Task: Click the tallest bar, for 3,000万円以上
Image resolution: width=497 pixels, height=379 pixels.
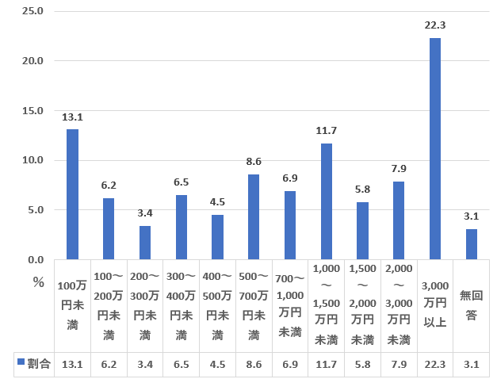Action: pyautogui.click(x=434, y=149)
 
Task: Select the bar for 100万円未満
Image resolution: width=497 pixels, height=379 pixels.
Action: pyautogui.click(x=72, y=194)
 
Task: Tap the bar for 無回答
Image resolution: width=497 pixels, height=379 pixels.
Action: pyautogui.click(x=471, y=244)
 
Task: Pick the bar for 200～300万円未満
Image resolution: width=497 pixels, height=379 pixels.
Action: pyautogui.click(x=145, y=243)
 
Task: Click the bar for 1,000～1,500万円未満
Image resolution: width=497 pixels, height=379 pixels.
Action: pyautogui.click(x=326, y=201)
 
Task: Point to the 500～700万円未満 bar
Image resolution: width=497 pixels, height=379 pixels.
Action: pyautogui.click(x=254, y=217)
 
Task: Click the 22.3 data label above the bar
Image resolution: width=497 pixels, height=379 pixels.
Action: pyautogui.click(x=435, y=25)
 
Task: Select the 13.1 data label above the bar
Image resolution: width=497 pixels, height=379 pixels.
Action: pyautogui.click(x=72, y=117)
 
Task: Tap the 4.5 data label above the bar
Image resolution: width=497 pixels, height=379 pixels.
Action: pyautogui.click(x=217, y=202)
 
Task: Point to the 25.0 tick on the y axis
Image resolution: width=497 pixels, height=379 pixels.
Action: pyautogui.click(x=32, y=11)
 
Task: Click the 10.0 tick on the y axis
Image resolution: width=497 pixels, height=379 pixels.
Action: pyautogui.click(x=32, y=160)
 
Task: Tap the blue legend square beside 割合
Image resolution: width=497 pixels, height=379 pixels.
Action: pyautogui.click(x=20, y=363)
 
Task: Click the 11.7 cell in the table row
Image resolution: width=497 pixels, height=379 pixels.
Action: pyautogui.click(x=326, y=364)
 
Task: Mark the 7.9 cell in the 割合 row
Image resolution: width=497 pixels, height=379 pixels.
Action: pyautogui.click(x=399, y=364)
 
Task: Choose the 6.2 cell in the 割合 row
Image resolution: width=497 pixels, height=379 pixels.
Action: pyautogui.click(x=109, y=364)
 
